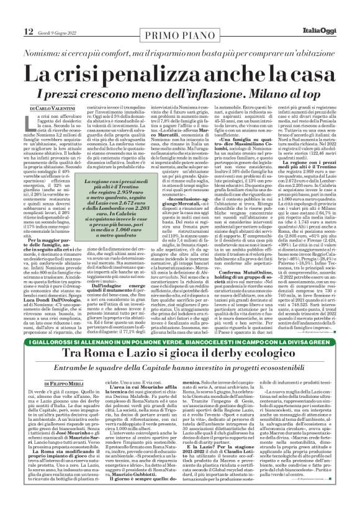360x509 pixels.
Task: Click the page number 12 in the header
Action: point(12,14)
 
